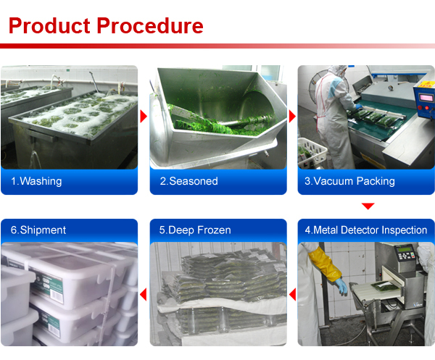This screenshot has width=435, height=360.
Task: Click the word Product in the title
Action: click(x=49, y=25)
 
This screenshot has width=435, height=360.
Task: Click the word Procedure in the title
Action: click(x=150, y=25)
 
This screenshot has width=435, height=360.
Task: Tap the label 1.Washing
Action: click(x=36, y=181)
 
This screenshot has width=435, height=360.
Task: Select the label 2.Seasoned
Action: click(x=189, y=181)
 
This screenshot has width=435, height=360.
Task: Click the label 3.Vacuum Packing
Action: click(x=349, y=181)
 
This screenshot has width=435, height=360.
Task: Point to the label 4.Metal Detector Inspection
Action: click(x=366, y=230)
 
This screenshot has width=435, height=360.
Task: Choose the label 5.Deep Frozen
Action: click(x=195, y=230)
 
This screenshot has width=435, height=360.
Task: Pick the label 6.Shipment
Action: click(x=38, y=230)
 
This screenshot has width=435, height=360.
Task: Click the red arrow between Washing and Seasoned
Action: click(x=144, y=117)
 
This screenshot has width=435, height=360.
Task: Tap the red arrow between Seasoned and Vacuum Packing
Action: click(x=292, y=117)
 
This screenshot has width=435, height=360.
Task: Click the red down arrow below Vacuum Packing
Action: click(x=368, y=206)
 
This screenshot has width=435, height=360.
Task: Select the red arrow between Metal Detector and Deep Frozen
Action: click(x=293, y=294)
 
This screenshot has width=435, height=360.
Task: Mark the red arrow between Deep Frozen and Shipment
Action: click(x=144, y=294)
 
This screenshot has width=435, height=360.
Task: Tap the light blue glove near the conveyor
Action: click(x=341, y=285)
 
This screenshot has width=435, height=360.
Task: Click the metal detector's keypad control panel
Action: click(x=405, y=253)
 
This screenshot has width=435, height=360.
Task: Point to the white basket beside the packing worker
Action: click(x=312, y=152)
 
